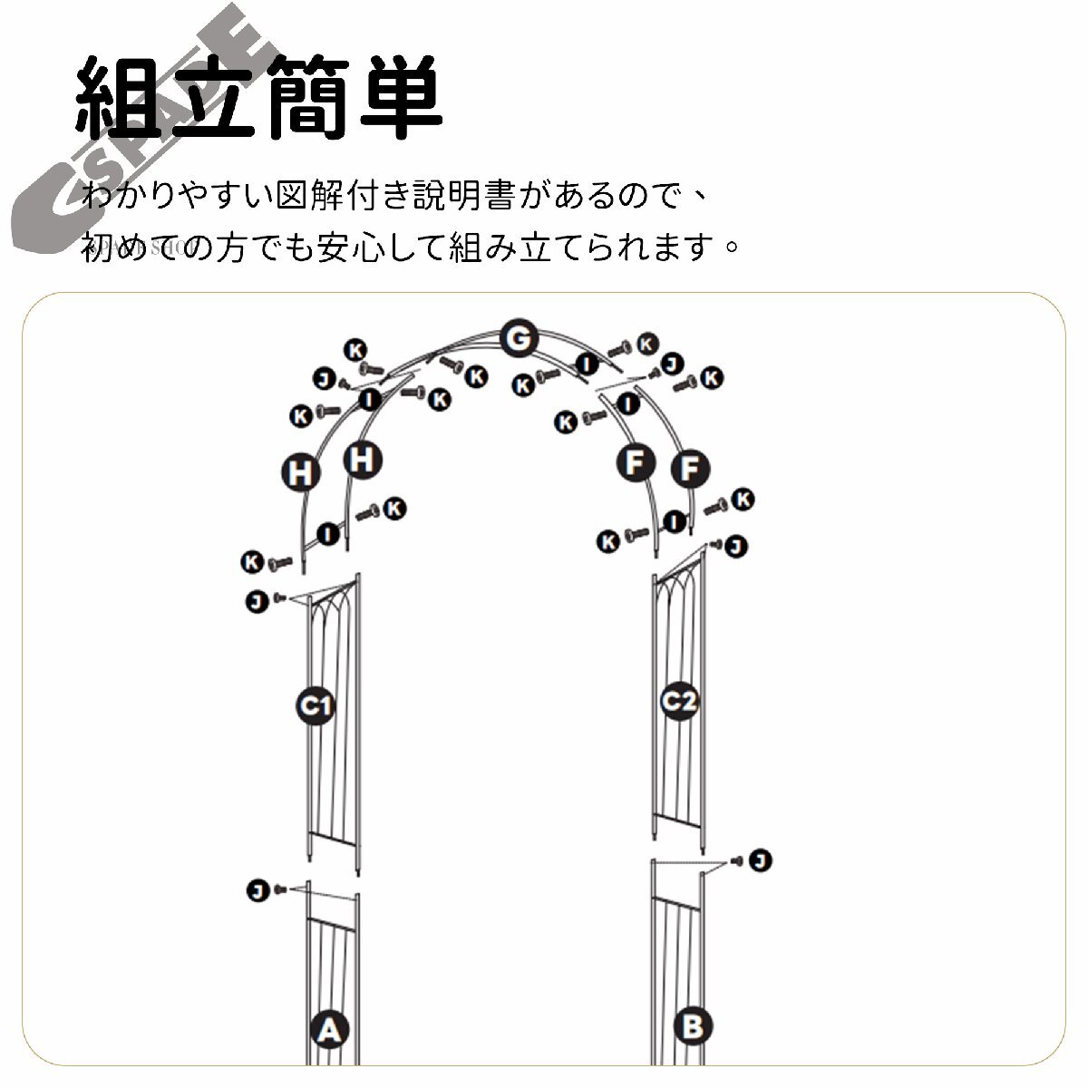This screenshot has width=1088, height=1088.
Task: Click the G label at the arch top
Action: click(x=518, y=340)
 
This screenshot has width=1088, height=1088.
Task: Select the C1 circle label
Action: click(x=315, y=704)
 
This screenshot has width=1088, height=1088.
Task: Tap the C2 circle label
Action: click(x=679, y=701)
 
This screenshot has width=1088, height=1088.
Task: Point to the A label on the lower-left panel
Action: click(x=330, y=1029)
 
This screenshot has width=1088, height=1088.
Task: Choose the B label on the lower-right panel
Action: click(x=694, y=1026)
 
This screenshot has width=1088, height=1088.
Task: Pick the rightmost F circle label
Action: click(x=690, y=469)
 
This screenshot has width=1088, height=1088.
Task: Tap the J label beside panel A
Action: click(x=258, y=891)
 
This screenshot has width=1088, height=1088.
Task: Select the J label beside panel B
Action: click(x=760, y=860)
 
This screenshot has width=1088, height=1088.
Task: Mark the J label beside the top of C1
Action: click(x=257, y=600)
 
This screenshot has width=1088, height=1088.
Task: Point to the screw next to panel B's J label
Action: click(x=737, y=860)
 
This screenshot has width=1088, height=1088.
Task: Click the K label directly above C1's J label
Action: click(x=252, y=562)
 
